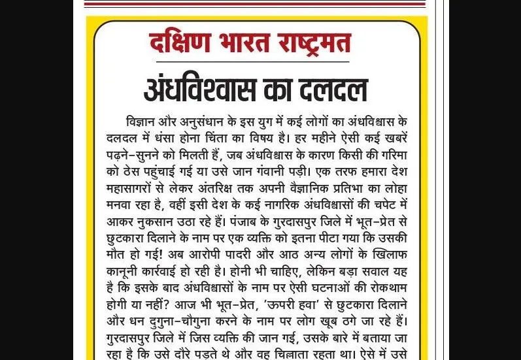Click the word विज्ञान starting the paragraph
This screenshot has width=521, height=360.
[x=141, y=122]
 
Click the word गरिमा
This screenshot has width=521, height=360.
[x=390, y=156]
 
